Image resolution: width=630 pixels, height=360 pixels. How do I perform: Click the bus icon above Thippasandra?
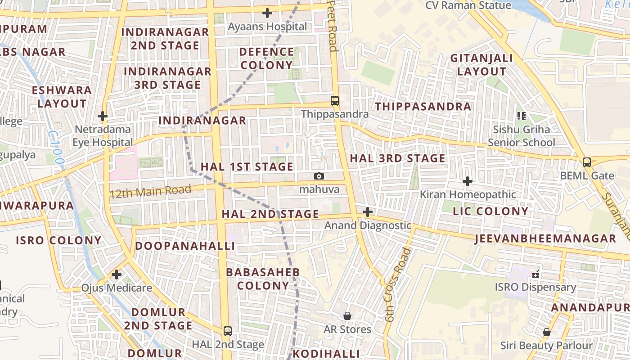(x=334, y=100)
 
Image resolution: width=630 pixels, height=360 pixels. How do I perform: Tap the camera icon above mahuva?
(x=319, y=176)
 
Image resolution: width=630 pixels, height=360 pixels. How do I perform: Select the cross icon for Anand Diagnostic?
(x=368, y=211)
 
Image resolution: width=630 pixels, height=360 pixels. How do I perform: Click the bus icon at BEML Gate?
(x=587, y=162)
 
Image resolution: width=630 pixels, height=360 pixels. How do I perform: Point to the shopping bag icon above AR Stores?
(x=347, y=316)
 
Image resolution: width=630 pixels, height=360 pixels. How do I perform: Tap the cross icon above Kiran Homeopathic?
(x=468, y=181)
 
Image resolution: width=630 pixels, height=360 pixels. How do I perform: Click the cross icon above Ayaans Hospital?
(x=267, y=13)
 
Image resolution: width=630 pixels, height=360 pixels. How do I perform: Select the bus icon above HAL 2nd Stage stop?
(x=228, y=331)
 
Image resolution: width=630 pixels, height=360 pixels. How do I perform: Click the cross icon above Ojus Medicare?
(x=117, y=274)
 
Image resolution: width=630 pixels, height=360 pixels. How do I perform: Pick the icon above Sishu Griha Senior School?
(x=522, y=116)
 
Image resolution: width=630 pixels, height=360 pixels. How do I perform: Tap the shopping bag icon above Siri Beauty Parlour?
(x=546, y=332)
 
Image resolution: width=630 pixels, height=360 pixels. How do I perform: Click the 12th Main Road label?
(x=151, y=192)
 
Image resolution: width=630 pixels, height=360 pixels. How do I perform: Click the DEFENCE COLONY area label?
(x=266, y=58)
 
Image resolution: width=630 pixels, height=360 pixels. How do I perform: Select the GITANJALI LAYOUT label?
(x=481, y=65)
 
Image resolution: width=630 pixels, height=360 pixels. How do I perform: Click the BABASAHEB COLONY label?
(x=263, y=279)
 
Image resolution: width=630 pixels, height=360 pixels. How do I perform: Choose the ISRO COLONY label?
(x=59, y=240)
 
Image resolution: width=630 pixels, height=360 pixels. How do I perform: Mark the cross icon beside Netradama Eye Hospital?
(x=103, y=116)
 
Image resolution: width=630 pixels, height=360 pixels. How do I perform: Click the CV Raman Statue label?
(x=468, y=5)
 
